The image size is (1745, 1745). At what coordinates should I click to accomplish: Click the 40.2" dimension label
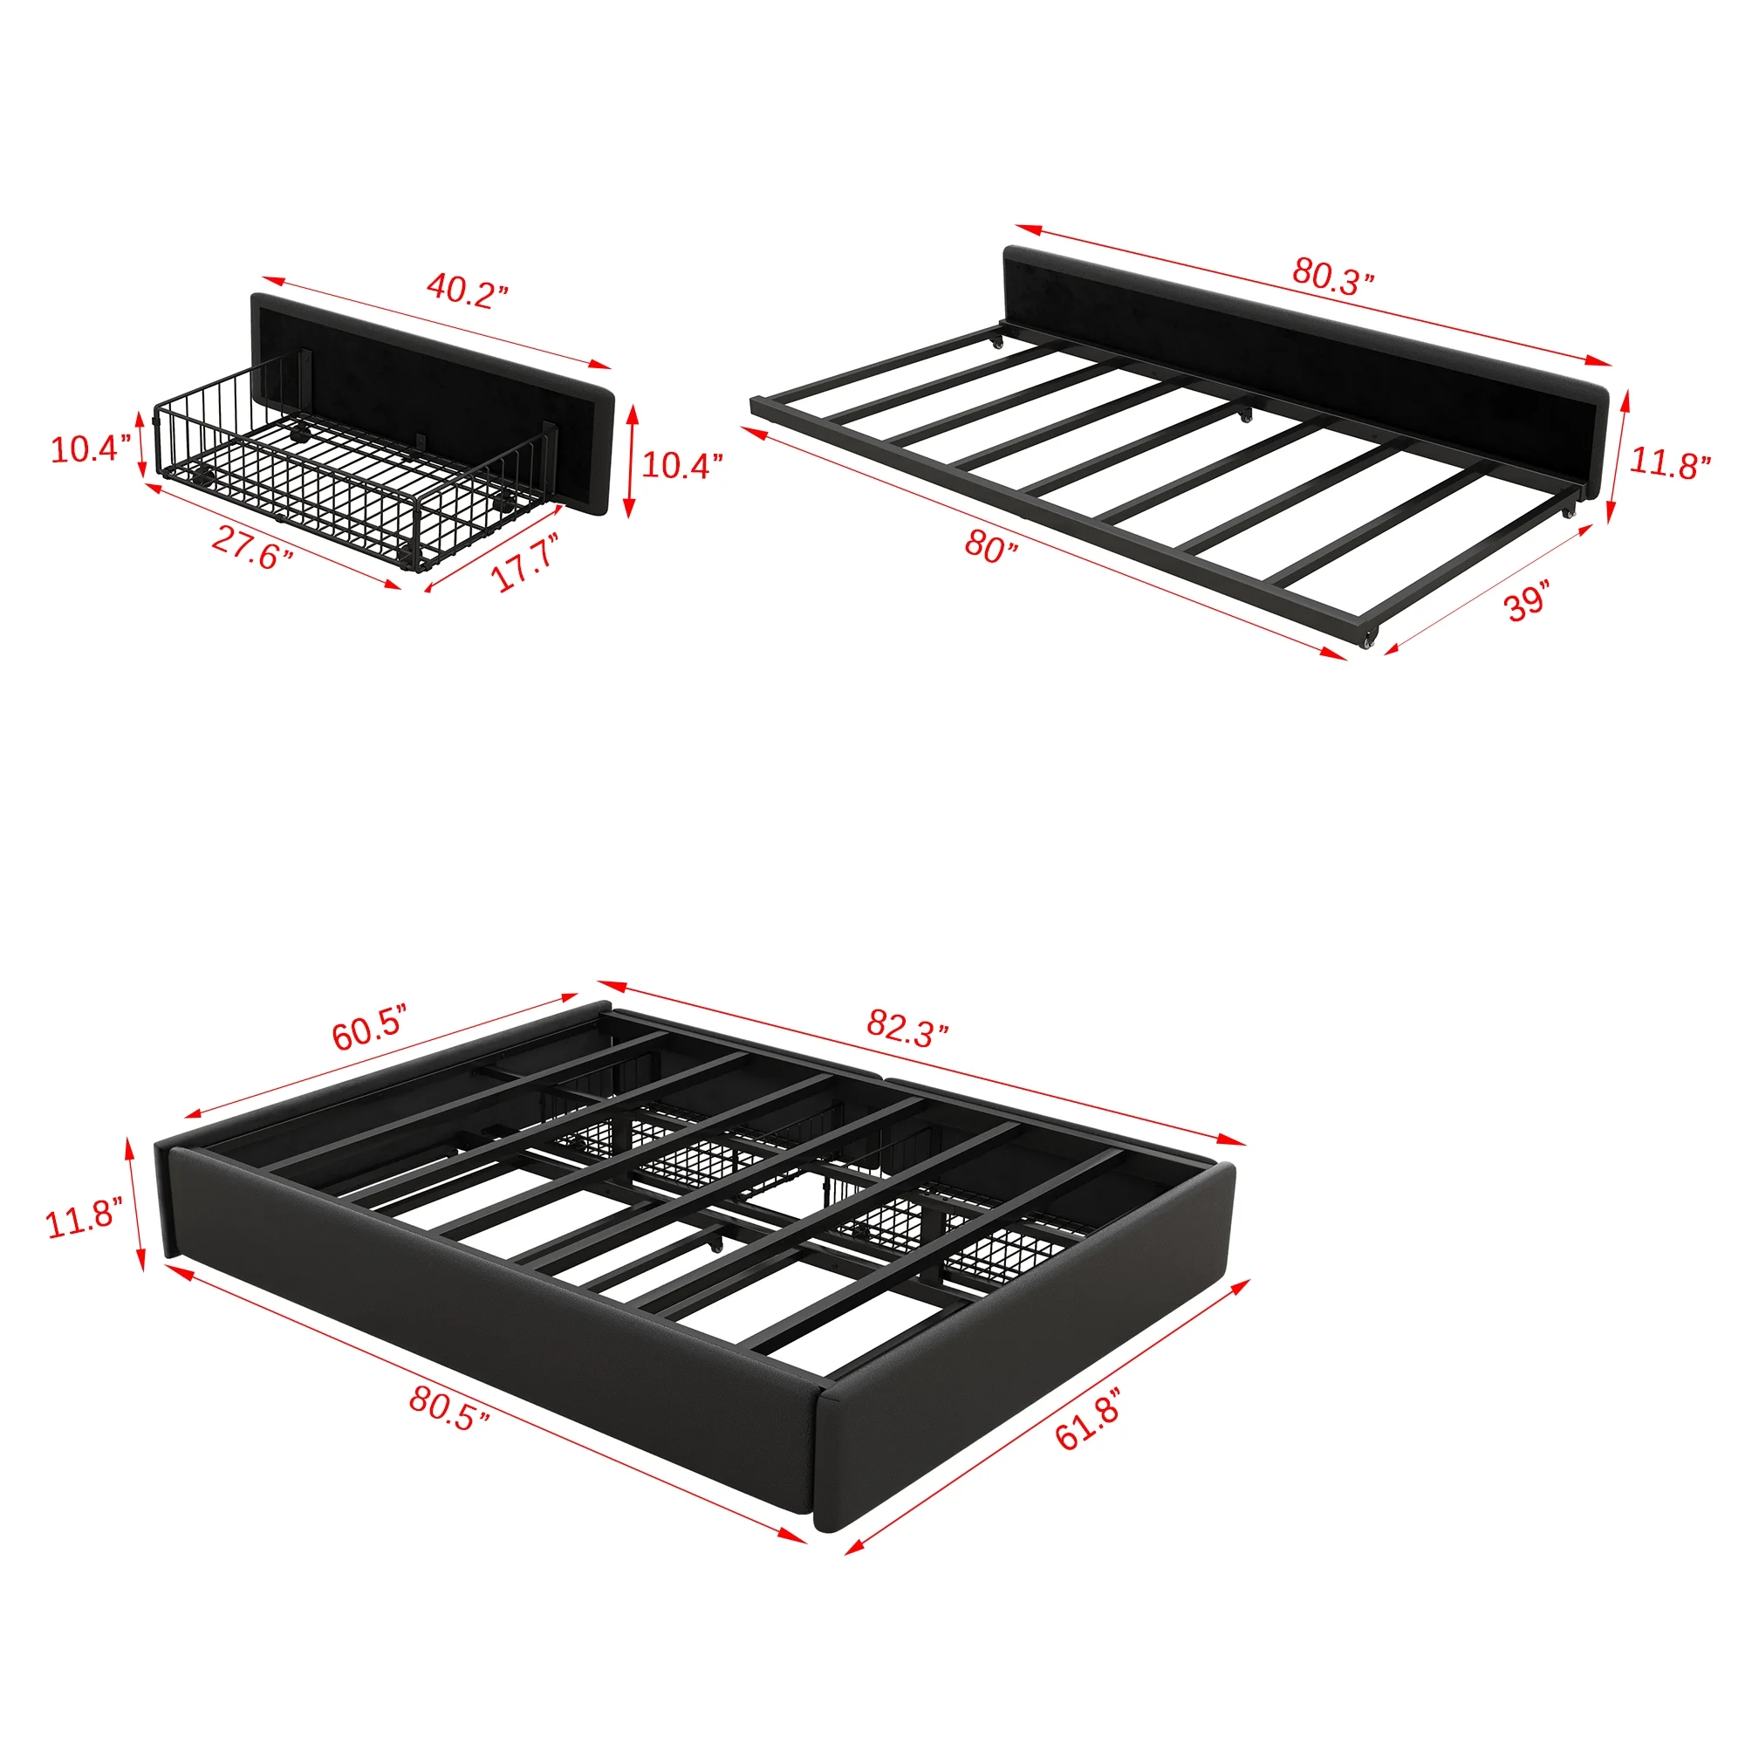click(467, 291)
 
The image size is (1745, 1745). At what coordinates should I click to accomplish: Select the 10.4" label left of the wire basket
click(92, 448)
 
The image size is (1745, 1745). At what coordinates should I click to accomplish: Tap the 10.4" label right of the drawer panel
click(682, 464)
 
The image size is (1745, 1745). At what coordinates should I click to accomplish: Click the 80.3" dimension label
click(1332, 276)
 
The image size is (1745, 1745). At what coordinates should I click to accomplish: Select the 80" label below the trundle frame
click(991, 545)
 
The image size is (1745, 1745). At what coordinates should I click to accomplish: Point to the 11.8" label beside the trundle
click(1670, 463)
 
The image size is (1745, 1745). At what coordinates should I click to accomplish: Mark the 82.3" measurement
click(907, 1027)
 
